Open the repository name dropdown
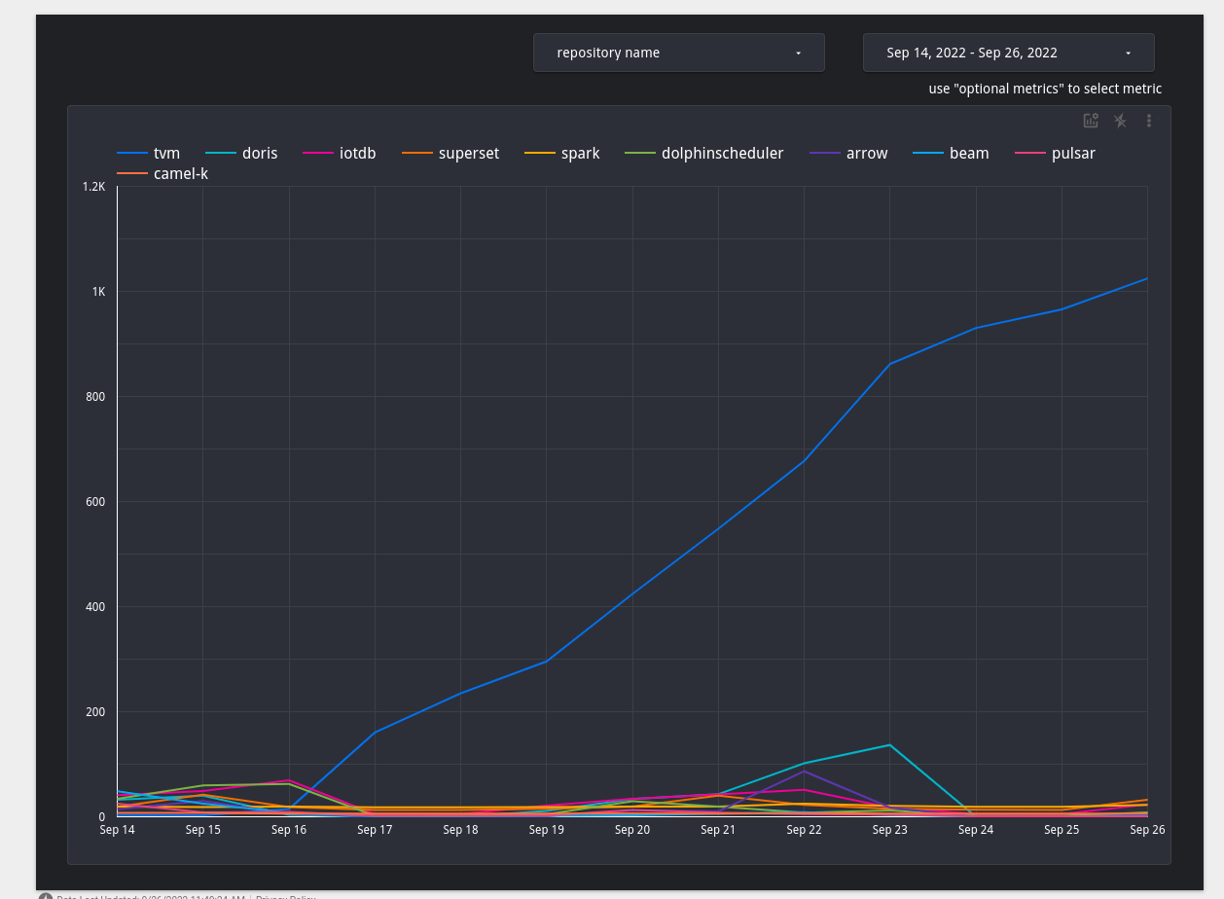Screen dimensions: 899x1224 point(678,53)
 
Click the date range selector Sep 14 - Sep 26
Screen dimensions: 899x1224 point(1008,53)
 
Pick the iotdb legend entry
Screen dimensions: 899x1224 point(357,154)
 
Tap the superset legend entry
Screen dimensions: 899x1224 point(468,154)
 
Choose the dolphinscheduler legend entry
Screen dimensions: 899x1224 point(722,154)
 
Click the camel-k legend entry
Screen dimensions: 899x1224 point(180,174)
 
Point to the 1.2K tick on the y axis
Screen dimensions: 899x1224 point(94,187)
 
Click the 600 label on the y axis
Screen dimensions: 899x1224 point(94,502)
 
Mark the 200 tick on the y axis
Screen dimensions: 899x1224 point(94,712)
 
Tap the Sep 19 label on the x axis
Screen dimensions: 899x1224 point(546,830)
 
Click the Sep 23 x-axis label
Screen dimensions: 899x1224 point(889,830)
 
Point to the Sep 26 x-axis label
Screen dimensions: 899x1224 point(1147,830)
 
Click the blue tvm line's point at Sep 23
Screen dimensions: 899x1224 point(889,364)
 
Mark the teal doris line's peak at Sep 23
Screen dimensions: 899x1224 point(889,745)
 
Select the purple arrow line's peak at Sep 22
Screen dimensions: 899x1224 point(804,771)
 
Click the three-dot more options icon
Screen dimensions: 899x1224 point(1149,121)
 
